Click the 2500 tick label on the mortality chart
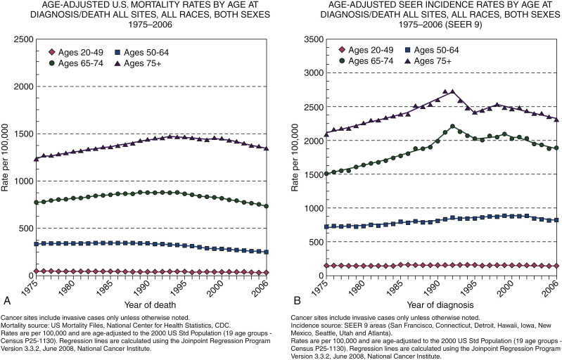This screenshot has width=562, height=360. click(20, 39)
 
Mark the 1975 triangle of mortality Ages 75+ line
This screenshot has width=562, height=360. click(36, 158)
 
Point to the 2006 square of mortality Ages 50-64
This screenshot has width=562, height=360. click(266, 252)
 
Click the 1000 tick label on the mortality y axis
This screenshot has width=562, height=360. click(20, 181)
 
